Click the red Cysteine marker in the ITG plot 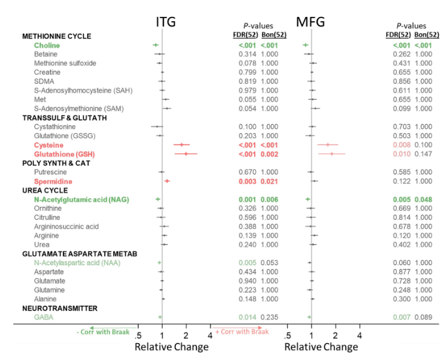tap(181, 145)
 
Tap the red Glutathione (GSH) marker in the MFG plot tap(332, 154)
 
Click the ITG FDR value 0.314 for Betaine tap(247, 54)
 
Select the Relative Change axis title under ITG tap(171, 347)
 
